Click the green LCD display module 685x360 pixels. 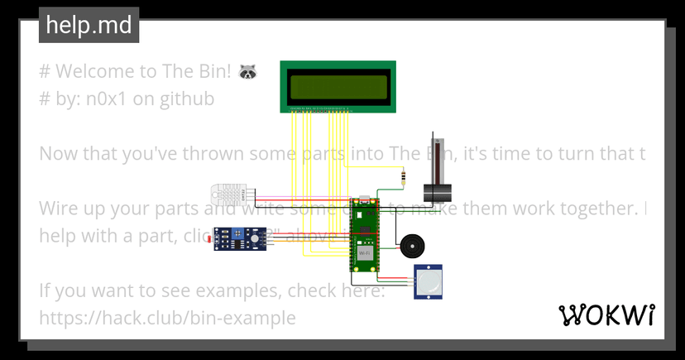point(338,85)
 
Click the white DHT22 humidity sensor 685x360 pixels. point(232,195)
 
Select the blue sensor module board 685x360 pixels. point(241,240)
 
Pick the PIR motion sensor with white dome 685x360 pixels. point(429,283)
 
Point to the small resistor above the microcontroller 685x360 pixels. point(402,175)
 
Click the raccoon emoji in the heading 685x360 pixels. point(247,72)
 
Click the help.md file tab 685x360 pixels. point(89,26)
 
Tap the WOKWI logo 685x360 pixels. point(607,315)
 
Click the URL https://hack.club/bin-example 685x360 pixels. point(167,318)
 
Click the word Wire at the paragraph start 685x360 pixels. point(60,209)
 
